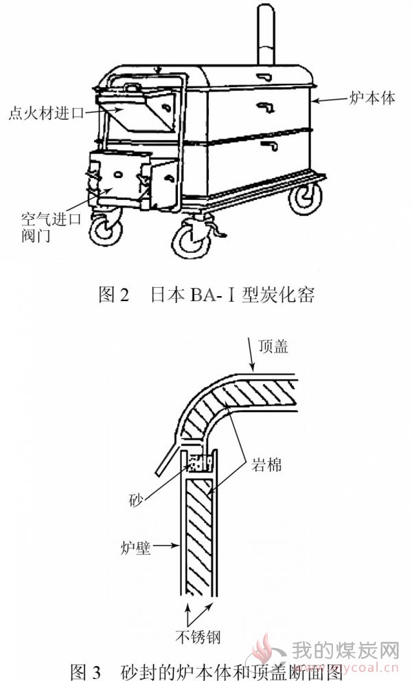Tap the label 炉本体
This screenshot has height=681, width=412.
pyautogui.click(x=372, y=98)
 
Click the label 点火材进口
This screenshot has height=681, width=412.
pyautogui.click(x=46, y=113)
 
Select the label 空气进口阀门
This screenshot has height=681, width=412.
pyautogui.click(x=51, y=227)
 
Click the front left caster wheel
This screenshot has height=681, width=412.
pyautogui.click(x=106, y=228)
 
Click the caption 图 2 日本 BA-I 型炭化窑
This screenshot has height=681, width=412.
pyautogui.click(x=206, y=295)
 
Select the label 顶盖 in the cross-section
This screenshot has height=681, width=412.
pyautogui.click(x=273, y=346)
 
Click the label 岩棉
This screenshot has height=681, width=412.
pyautogui.click(x=266, y=465)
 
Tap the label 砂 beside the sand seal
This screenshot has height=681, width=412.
pyautogui.click(x=136, y=500)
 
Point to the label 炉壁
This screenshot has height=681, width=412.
pyautogui.click(x=135, y=547)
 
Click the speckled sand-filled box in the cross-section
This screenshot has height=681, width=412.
pyautogui.click(x=201, y=463)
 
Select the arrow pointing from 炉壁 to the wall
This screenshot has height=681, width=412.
pyautogui.click(x=165, y=546)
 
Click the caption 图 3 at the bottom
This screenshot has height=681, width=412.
pyautogui.click(x=86, y=671)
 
